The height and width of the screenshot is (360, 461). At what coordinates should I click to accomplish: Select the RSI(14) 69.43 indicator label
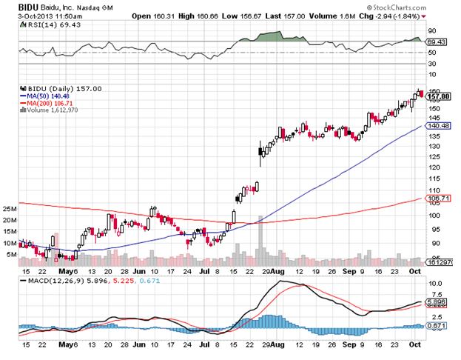tap(38, 24)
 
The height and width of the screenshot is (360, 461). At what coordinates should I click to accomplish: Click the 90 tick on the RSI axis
tap(431, 31)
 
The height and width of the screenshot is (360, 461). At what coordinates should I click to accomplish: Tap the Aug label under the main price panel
tap(277, 272)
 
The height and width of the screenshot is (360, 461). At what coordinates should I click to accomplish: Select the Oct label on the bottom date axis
tap(415, 344)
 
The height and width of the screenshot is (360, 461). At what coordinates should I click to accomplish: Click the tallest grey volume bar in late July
tap(259, 241)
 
